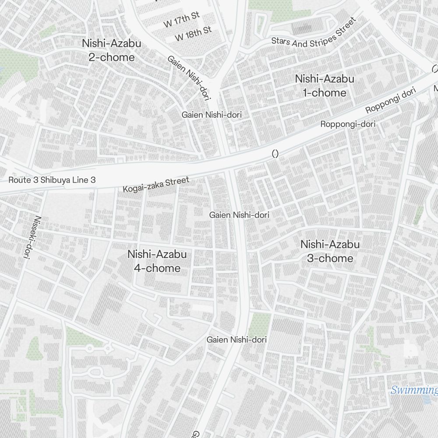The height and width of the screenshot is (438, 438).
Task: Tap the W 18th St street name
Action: coord(193,34)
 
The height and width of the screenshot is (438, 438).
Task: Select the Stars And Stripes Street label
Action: coord(313,33)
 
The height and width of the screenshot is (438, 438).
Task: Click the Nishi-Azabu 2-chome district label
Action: coord(112,50)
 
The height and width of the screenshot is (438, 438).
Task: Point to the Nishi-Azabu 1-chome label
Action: coord(325,86)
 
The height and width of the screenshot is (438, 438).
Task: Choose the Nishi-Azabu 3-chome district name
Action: coord(330,251)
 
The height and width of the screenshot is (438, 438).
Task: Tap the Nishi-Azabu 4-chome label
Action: coord(157,261)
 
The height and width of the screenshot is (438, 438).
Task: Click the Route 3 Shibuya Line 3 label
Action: coord(52,180)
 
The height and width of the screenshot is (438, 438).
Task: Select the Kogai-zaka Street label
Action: coord(156,185)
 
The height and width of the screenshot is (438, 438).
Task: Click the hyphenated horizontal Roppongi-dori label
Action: coord(348,124)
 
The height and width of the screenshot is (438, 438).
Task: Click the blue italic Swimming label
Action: coord(414,390)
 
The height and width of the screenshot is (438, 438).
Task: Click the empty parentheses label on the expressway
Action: coord(275,154)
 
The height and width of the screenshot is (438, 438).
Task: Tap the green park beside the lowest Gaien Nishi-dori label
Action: coord(260,323)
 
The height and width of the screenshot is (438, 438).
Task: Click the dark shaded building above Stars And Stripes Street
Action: coord(302,29)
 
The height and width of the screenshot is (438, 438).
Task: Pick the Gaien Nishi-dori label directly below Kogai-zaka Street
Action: coord(239,215)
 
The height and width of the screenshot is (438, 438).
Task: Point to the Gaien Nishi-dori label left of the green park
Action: coord(237,339)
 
